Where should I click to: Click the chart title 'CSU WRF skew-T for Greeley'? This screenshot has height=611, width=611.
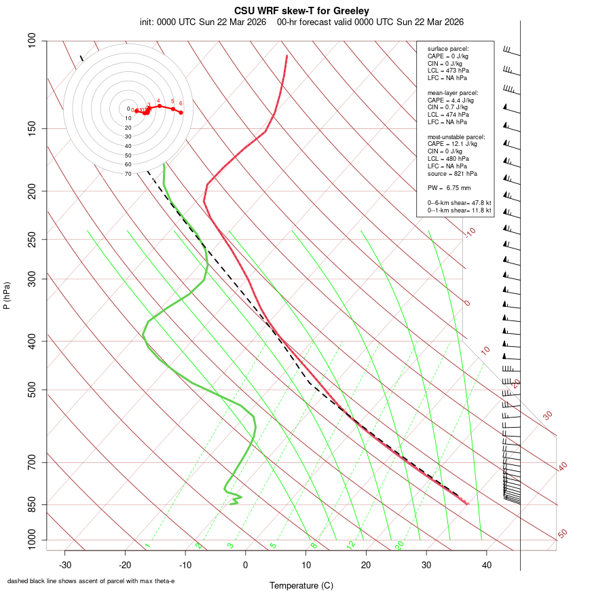[x=302, y=11]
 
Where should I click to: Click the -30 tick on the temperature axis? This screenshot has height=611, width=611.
[x=65, y=565]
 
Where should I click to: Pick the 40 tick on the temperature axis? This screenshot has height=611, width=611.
[x=487, y=565]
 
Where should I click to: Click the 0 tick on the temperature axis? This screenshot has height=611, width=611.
[x=246, y=565]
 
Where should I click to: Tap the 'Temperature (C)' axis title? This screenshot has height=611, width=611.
[x=301, y=585]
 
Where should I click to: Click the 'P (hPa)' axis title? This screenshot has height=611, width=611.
[x=7, y=296]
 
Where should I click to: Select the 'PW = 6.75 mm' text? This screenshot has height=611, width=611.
[x=449, y=188]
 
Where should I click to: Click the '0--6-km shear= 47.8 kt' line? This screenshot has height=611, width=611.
[x=459, y=203]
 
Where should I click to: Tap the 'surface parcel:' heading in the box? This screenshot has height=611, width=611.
[x=448, y=49]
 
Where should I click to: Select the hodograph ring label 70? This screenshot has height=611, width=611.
[x=128, y=174]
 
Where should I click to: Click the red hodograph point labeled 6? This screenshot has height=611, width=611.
[x=181, y=112]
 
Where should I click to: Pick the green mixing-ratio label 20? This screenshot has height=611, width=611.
[x=399, y=545]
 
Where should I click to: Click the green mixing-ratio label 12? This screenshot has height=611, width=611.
[x=351, y=545]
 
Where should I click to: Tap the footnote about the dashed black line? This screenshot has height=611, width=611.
[x=91, y=581]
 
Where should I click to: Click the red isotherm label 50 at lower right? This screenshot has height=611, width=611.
[x=562, y=534]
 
